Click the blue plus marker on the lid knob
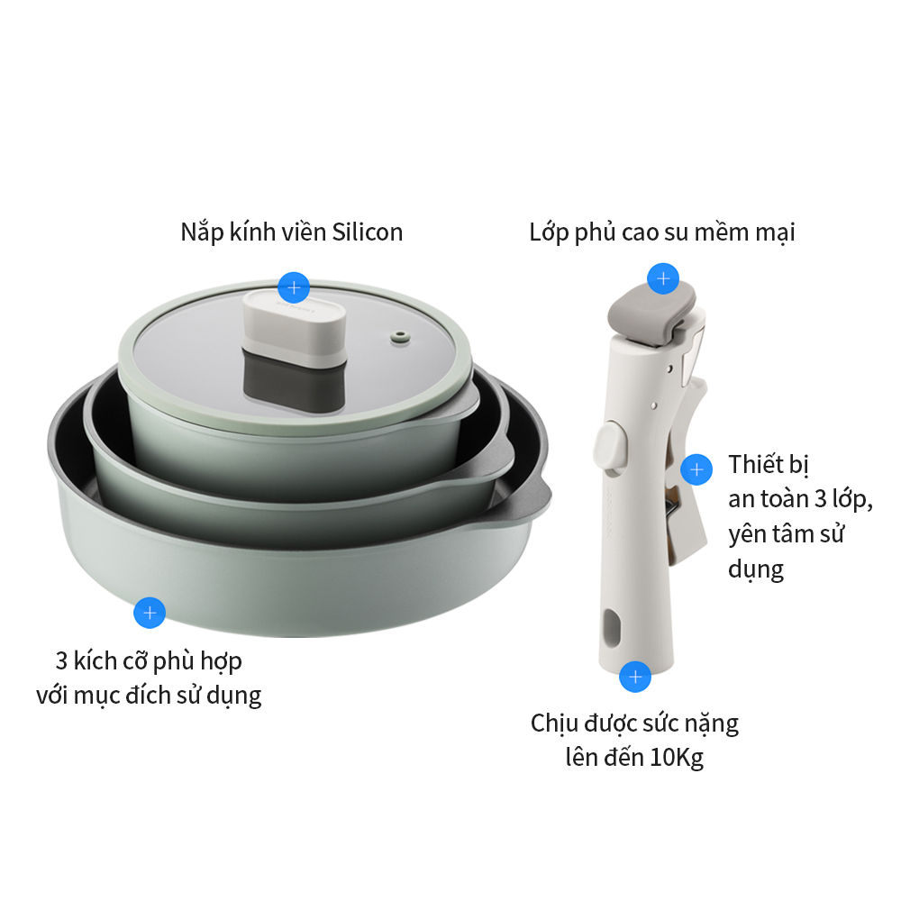click(294, 287)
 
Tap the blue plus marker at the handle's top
click(663, 278)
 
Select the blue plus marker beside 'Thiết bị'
click(696, 469)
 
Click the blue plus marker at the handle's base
click(635, 677)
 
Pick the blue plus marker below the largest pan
click(150, 613)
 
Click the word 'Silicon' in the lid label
click(368, 232)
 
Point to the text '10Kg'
click(677, 758)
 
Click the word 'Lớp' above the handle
click(548, 232)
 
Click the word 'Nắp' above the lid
click(202, 232)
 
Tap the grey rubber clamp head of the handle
click(652, 314)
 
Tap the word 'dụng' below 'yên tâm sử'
click(756, 569)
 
